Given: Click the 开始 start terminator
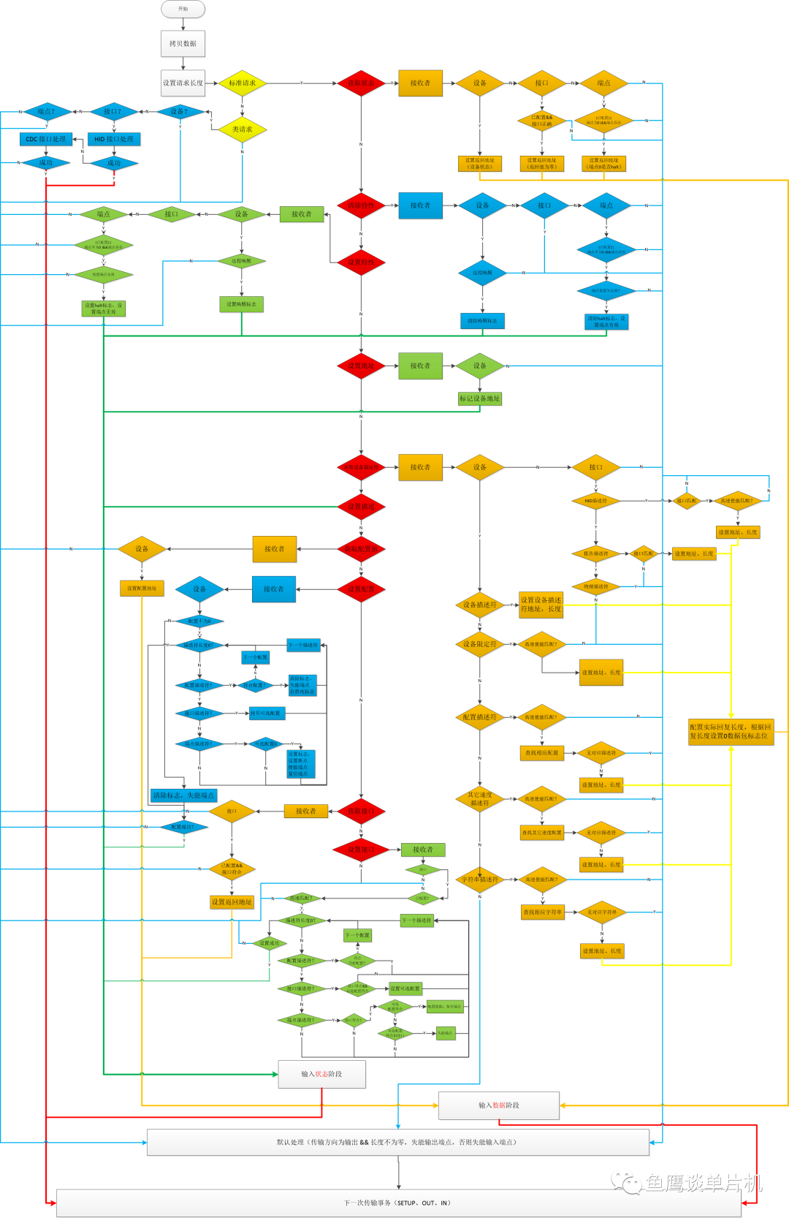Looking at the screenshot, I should pyautogui.click(x=183, y=9).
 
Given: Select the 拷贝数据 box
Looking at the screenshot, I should pyautogui.click(x=183, y=43).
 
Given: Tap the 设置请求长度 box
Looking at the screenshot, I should pyautogui.click(x=183, y=83).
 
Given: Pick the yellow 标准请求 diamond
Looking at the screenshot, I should pyautogui.click(x=243, y=83).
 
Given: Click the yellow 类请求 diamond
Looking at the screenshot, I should pyautogui.click(x=243, y=129).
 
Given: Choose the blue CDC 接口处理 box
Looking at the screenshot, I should pyautogui.click(x=46, y=139).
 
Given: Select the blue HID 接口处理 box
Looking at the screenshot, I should pyautogui.click(x=114, y=139).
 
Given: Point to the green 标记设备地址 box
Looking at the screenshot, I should pyautogui.click(x=479, y=398).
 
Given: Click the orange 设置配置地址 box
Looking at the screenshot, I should pyautogui.click(x=142, y=588).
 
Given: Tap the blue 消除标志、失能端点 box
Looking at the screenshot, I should pyautogui.click(x=183, y=795).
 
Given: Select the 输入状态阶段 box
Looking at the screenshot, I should pyautogui.click(x=321, y=1074).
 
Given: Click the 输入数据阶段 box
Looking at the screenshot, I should pyautogui.click(x=499, y=1105).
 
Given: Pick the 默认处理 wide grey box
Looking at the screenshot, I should pyautogui.click(x=397, y=1142).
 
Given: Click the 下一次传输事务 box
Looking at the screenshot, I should pyautogui.click(x=398, y=1203).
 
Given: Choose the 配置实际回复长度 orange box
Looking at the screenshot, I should pyautogui.click(x=731, y=731).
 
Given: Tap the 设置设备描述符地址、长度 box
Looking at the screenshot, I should pyautogui.click(x=541, y=605).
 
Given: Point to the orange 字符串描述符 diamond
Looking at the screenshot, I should pyautogui.click(x=480, y=880).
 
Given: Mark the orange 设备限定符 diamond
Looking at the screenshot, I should pyautogui.click(x=480, y=644).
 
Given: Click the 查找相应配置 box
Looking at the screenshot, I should pyautogui.click(x=541, y=752).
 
